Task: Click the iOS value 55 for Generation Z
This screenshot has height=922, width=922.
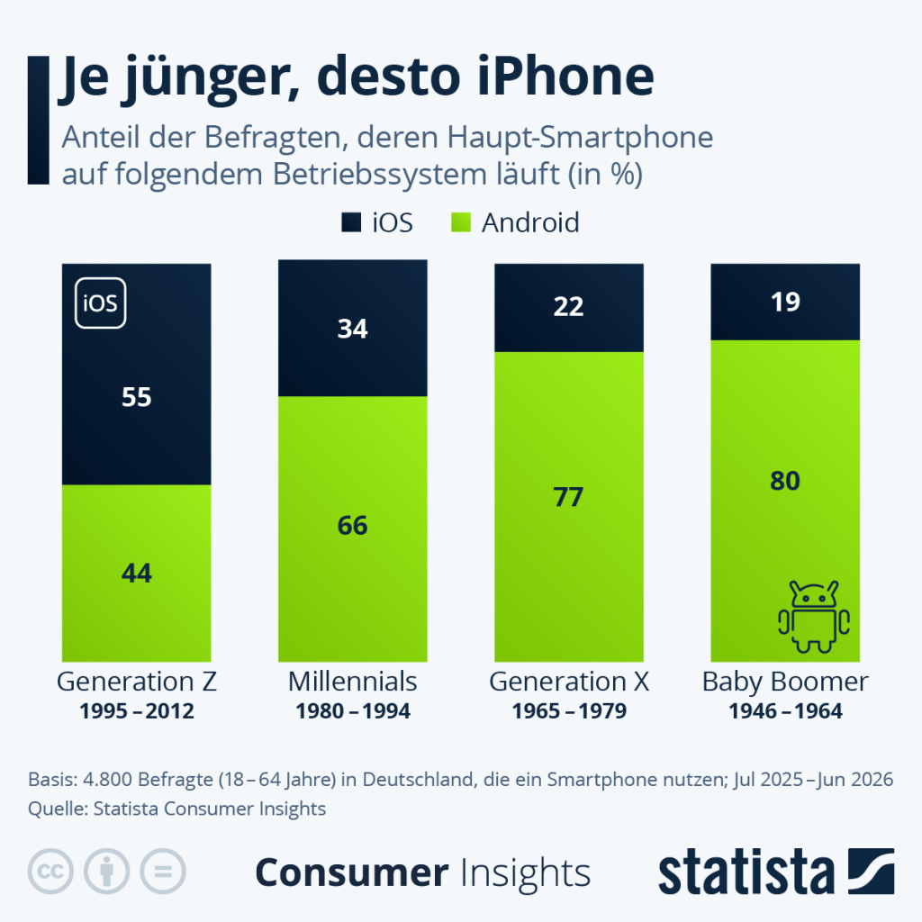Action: pyautogui.click(x=137, y=397)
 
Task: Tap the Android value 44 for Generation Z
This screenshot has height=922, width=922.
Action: pyautogui.click(x=137, y=573)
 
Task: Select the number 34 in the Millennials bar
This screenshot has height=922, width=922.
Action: pyautogui.click(x=352, y=328)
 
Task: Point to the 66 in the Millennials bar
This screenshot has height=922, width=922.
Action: pyautogui.click(x=352, y=525)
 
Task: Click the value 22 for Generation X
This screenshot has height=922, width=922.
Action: pyautogui.click(x=568, y=306)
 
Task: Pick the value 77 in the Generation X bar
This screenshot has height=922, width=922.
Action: pyautogui.click(x=568, y=497)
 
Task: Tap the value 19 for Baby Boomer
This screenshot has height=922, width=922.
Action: pyautogui.click(x=785, y=302)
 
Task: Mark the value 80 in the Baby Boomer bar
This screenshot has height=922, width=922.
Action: pyautogui.click(x=785, y=481)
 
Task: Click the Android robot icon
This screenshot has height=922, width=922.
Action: pyautogui.click(x=814, y=617)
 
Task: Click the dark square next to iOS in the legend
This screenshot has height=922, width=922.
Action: pyautogui.click(x=351, y=222)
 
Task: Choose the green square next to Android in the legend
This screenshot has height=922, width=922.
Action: pyautogui.click(x=461, y=222)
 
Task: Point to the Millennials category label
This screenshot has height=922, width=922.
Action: pyautogui.click(x=352, y=682)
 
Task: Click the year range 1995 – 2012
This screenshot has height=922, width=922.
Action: pyautogui.click(x=137, y=711)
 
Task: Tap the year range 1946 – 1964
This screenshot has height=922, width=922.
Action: pyautogui.click(x=785, y=711)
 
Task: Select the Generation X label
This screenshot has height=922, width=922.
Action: pyautogui.click(x=569, y=682)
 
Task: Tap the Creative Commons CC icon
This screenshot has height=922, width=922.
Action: pyautogui.click(x=50, y=872)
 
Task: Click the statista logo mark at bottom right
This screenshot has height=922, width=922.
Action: pyautogui.click(x=871, y=871)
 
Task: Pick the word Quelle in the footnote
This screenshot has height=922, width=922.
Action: pyautogui.click(x=59, y=809)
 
